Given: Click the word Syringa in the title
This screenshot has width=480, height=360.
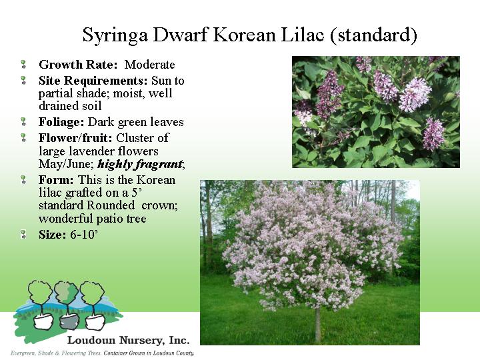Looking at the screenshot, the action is [x=115, y=35].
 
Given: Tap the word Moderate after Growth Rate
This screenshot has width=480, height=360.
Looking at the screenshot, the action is [x=150, y=65].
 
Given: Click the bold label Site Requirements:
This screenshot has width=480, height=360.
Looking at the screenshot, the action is [x=93, y=81].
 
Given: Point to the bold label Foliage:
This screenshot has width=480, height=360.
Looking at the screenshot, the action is [x=61, y=122].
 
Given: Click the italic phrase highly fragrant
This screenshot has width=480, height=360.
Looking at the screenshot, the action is [x=140, y=165].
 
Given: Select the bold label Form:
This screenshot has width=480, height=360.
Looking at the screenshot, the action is [x=56, y=180].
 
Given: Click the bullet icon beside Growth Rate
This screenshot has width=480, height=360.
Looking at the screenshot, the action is [x=23, y=64].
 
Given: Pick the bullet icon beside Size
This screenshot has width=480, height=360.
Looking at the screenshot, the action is [x=23, y=235].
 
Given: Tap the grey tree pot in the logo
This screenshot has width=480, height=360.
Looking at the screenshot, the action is [x=69, y=321].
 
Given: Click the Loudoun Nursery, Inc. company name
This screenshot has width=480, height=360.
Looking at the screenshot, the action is [x=128, y=340].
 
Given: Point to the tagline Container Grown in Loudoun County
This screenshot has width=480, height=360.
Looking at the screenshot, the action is [x=149, y=353].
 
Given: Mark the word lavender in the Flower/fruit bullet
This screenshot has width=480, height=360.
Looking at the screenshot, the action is [x=93, y=151].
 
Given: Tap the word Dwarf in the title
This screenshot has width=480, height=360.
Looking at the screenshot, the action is [x=181, y=35].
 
